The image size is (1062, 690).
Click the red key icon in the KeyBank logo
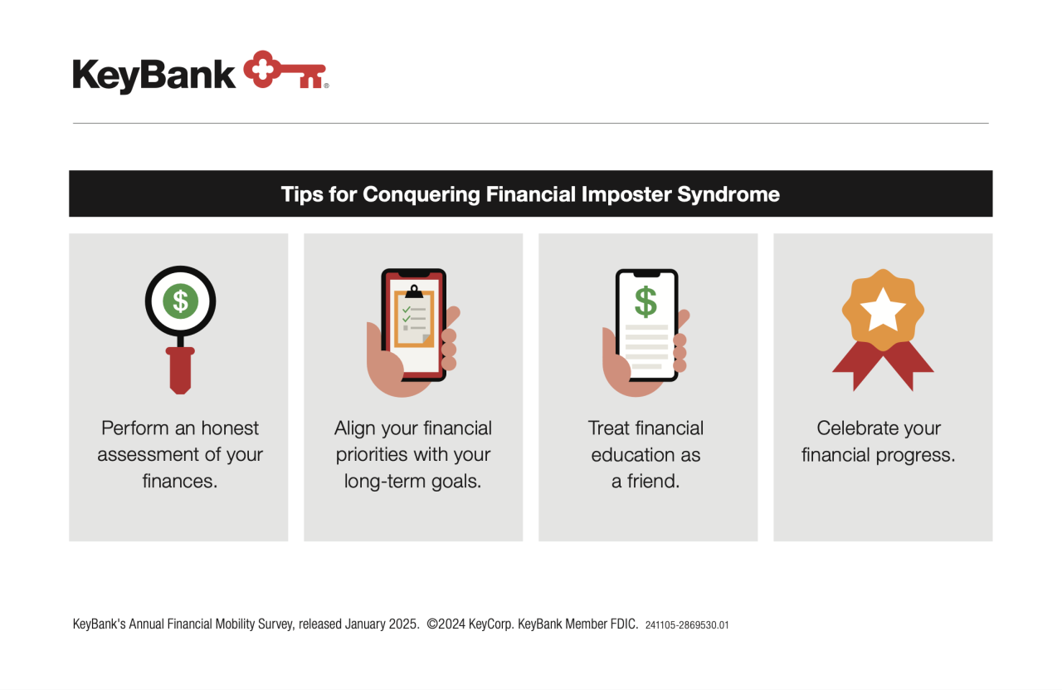click(x=285, y=70)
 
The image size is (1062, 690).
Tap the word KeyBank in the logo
click(x=153, y=75)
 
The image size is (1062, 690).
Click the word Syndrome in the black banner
click(x=728, y=194)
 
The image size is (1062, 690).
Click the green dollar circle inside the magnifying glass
click(x=180, y=301)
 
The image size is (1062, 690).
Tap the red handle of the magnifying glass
click(x=180, y=370)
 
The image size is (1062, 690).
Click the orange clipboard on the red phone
click(x=414, y=317)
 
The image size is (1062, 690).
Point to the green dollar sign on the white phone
click(x=645, y=301)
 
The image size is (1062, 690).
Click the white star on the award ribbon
click(x=883, y=310)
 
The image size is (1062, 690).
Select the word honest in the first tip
click(x=230, y=428)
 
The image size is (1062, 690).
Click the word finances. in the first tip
click(x=180, y=482)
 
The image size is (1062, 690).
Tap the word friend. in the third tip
click(x=653, y=482)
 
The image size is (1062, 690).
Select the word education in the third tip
click(x=632, y=455)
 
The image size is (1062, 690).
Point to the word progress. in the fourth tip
click(x=915, y=456)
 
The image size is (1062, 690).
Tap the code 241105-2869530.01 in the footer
click(x=687, y=625)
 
